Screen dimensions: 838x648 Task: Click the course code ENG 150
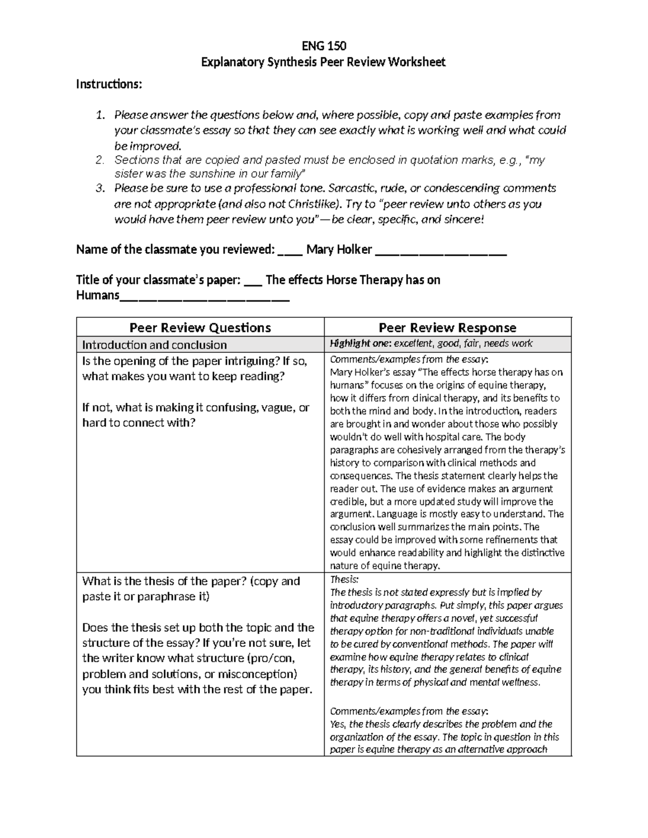click(323, 45)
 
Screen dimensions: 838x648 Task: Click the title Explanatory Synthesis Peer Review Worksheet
click(323, 62)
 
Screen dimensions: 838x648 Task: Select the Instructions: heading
click(109, 84)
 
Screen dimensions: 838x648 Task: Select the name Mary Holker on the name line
click(339, 249)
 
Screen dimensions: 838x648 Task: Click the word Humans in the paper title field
click(97, 295)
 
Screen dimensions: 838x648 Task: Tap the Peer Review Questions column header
click(200, 328)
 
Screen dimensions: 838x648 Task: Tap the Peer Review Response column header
click(447, 328)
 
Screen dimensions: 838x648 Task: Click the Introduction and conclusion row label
click(154, 345)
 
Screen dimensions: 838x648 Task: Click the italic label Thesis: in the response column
click(344, 580)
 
